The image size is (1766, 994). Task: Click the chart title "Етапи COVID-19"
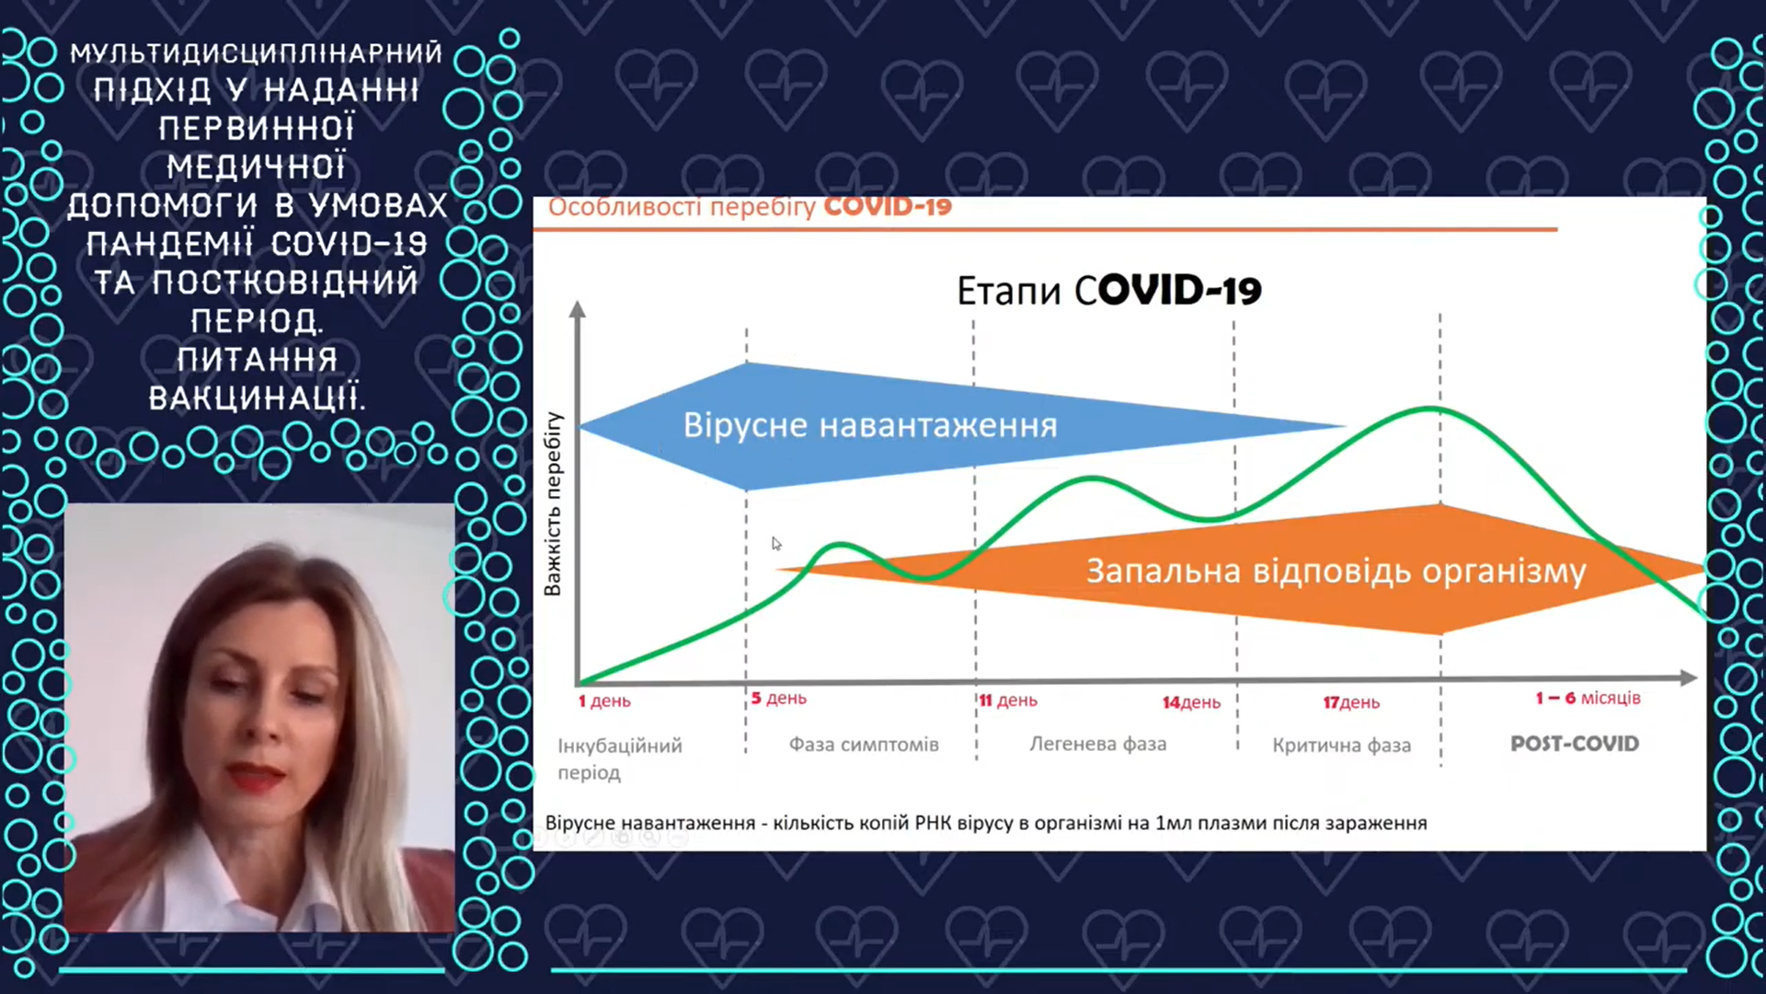pos(1109,291)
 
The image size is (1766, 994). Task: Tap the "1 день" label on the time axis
pos(604,701)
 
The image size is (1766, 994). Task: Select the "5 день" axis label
pos(778,699)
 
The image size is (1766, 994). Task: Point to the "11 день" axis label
pos(1008,700)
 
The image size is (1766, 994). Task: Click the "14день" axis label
pos(1191,702)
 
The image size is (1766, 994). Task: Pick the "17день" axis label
pos(1351,702)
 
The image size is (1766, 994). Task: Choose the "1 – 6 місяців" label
pos(1588,698)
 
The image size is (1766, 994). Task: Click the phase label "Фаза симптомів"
pos(864,744)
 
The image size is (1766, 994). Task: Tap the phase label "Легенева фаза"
pos(1097,744)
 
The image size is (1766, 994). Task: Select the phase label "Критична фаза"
pos(1341,745)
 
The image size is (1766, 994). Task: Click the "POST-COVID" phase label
pos(1575,744)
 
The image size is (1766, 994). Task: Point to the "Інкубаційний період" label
pos(620,758)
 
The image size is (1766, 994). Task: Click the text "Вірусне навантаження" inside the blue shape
pos(870,425)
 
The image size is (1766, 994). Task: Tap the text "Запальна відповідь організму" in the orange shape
pos(1336,571)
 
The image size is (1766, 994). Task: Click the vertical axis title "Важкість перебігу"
pos(552,503)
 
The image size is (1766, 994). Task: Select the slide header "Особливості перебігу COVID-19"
pos(750,206)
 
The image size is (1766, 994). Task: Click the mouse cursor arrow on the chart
pos(776,544)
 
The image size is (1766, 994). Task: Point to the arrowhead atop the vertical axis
pos(578,308)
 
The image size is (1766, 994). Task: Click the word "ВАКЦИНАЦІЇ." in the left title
pos(257,399)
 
